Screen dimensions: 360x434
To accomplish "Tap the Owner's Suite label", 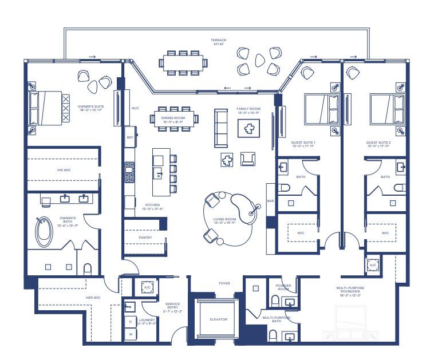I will pos(90,108).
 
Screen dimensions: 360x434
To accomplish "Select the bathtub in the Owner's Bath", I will pos(44,232).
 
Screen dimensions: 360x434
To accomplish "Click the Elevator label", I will pos(218,319).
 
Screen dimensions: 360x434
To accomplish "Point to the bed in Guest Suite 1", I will pos(317,109).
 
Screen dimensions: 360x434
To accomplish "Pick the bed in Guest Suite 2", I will pos(382,109).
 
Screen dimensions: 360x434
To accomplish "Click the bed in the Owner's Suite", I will pos(45,108).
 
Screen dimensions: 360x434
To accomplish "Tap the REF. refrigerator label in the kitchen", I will pos(129,137).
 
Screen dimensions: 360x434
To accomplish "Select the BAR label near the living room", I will pos(270,201).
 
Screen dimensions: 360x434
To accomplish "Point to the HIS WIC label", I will pos(63,171).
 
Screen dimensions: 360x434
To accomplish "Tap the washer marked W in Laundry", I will pos(130,334).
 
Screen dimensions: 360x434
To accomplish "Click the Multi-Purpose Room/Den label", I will pos(350,290).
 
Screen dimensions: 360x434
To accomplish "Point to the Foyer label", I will pos(224,283).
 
